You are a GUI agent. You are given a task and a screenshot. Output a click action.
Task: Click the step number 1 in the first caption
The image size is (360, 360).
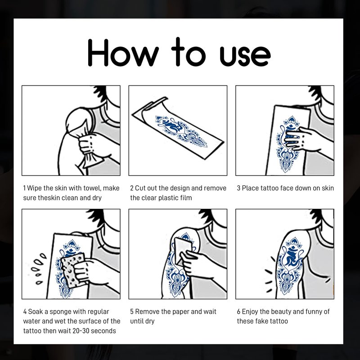(24, 188)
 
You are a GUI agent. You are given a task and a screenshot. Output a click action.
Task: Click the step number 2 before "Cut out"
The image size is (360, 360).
(132, 188)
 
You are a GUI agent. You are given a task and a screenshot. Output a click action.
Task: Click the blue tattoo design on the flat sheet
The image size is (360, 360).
(181, 132)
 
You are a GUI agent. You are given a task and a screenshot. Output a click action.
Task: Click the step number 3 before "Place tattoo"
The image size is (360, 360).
(238, 188)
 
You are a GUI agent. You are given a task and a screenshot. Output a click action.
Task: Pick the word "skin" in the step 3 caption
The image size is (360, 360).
(328, 188)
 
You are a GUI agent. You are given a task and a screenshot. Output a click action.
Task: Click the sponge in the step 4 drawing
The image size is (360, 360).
(73, 270)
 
